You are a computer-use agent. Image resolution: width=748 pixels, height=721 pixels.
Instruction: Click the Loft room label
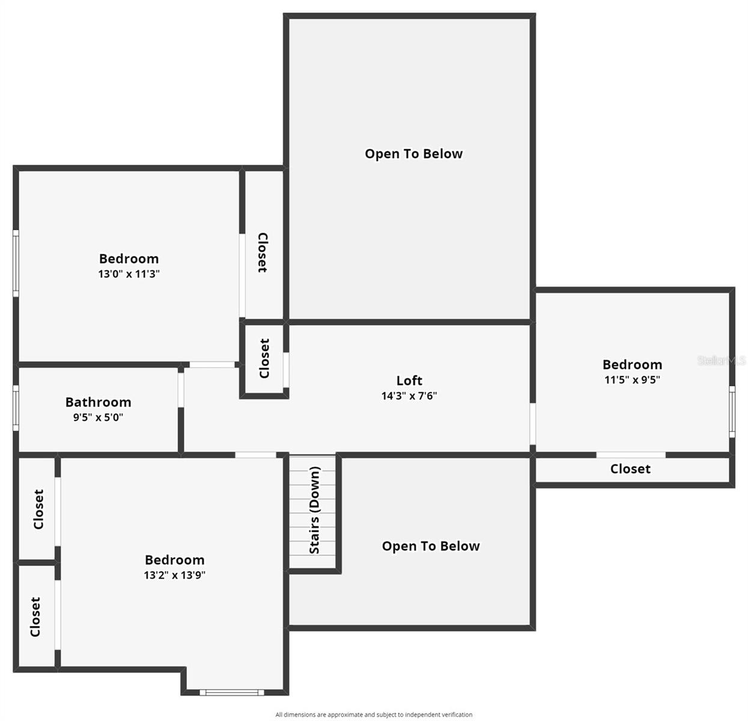click(x=409, y=380)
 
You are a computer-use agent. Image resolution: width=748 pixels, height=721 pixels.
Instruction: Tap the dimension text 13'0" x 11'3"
click(x=129, y=274)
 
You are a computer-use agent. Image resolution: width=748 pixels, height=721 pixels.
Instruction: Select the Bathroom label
click(x=98, y=402)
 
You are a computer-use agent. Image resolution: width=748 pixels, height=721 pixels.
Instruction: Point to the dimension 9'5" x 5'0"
click(x=98, y=417)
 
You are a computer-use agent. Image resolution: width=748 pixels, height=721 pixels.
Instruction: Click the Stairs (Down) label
click(x=314, y=510)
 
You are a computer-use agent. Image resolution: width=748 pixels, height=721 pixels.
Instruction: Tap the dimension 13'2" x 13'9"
click(x=174, y=575)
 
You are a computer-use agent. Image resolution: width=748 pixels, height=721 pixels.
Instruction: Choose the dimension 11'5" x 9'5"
click(x=632, y=380)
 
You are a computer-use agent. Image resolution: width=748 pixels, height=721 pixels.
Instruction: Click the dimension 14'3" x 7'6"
click(x=409, y=396)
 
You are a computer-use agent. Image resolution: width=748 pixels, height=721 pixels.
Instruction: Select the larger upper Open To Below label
click(x=413, y=154)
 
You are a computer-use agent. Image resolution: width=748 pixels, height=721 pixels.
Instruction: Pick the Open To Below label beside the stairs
click(x=431, y=546)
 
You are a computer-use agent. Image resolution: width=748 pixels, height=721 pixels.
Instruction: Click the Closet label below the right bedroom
click(x=630, y=469)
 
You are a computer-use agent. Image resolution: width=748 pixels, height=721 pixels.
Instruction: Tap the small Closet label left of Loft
click(x=264, y=359)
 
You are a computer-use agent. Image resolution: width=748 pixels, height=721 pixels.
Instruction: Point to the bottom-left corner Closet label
click(x=35, y=616)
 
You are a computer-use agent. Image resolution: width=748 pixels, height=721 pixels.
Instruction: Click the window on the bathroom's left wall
click(x=16, y=408)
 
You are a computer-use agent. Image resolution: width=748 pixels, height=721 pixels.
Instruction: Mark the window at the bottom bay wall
click(x=232, y=692)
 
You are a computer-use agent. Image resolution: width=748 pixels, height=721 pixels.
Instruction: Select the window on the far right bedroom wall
click(x=732, y=412)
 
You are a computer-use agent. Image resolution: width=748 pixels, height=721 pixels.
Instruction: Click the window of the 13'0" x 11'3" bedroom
click(x=16, y=263)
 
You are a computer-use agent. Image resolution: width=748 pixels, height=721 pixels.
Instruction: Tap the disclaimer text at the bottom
click(x=374, y=714)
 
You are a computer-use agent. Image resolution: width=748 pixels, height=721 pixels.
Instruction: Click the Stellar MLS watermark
click(x=721, y=360)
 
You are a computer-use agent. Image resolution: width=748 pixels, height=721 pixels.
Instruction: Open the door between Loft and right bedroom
click(x=532, y=424)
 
